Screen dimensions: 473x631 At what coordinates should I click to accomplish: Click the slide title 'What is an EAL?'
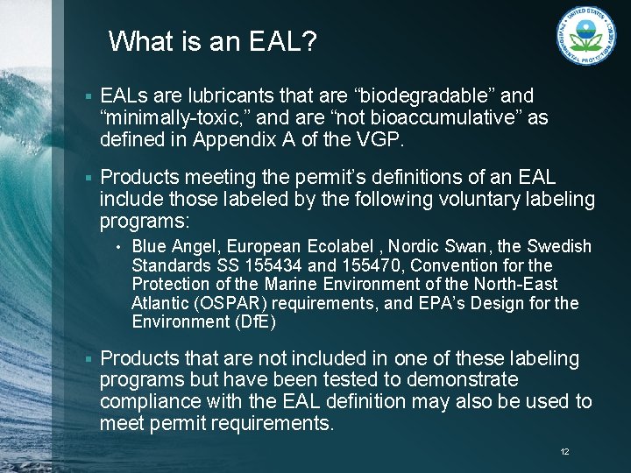[213, 41]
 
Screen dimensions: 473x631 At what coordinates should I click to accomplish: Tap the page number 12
[564, 452]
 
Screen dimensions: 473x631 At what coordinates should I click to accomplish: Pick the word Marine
[290, 285]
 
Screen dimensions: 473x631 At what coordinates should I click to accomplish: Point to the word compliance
[151, 402]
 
